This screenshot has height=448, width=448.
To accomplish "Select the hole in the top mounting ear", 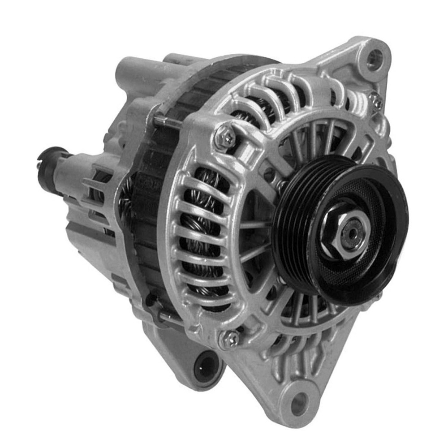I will (x=374, y=59).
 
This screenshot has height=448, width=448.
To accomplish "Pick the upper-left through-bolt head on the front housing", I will (x=225, y=138).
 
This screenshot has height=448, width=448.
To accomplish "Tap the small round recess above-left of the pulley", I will (x=269, y=172).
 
